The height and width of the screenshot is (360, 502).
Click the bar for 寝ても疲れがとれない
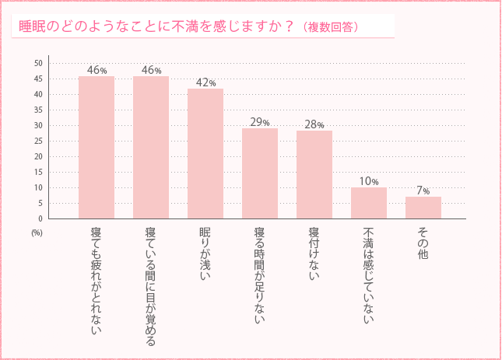97,148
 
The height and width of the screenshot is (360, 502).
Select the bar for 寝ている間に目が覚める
151,148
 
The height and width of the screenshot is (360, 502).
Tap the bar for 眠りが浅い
205,154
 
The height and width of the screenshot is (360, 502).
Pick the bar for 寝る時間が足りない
260,173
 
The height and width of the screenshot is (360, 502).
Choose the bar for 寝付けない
314,175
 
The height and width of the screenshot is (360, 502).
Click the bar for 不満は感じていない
369,203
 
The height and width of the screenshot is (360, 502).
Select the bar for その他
423,208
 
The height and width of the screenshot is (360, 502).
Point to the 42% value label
206,82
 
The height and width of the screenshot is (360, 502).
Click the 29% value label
260,122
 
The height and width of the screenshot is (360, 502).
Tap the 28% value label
314,124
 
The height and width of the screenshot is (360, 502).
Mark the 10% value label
369,181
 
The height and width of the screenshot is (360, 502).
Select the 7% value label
423,190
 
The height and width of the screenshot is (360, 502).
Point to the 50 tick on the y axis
39,63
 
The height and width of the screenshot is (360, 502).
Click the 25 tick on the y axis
39,141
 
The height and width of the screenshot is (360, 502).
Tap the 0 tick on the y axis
40,218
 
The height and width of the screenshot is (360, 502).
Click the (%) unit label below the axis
37,232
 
